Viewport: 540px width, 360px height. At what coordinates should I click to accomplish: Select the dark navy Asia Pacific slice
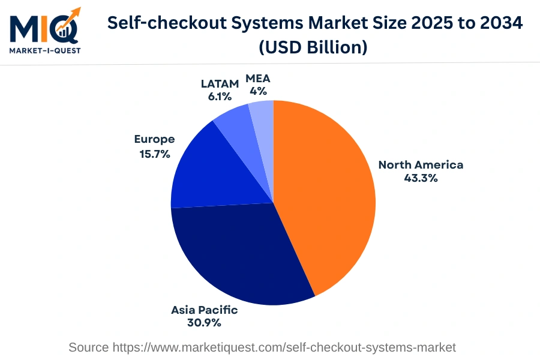click(240, 258)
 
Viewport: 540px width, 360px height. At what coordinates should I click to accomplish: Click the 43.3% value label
click(421, 178)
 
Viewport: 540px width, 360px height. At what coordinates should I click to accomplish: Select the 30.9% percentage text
click(205, 323)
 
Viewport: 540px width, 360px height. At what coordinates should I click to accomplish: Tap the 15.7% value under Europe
click(154, 154)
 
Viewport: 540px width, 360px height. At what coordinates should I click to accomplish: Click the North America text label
click(421, 164)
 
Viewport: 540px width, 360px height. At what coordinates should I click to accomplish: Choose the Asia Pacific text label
click(205, 310)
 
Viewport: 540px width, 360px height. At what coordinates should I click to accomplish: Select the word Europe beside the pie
click(154, 139)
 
